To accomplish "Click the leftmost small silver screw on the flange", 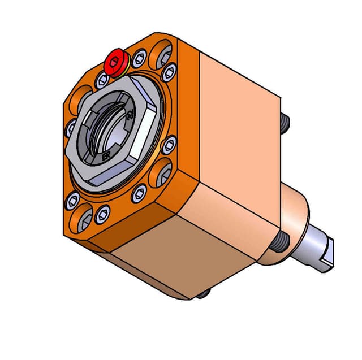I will [71, 127].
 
